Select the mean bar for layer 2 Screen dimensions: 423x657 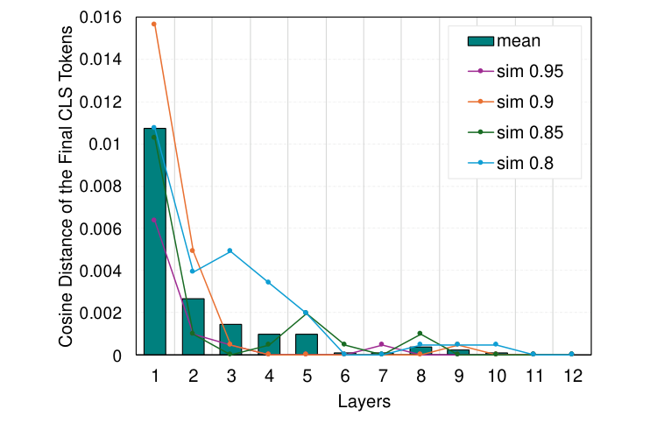click(x=193, y=327)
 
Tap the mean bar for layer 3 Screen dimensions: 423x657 click(x=230, y=340)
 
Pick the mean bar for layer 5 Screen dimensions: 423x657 click(x=306, y=344)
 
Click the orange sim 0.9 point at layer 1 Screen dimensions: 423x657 click(x=154, y=24)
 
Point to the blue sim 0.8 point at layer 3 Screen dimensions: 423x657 click(x=230, y=250)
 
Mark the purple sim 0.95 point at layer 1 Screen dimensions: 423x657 click(x=154, y=220)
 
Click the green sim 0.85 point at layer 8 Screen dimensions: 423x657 click(x=420, y=334)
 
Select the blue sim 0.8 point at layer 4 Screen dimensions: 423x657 click(x=268, y=282)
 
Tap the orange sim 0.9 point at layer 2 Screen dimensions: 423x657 click(x=193, y=250)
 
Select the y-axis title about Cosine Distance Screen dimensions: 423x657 click(x=67, y=186)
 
